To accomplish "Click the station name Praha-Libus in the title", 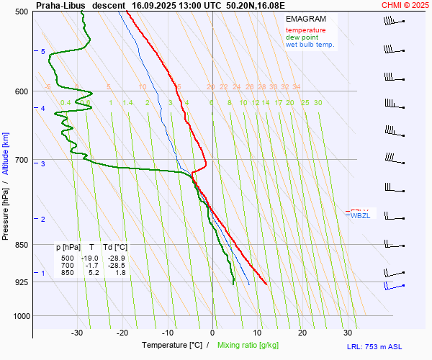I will click(x=61, y=5).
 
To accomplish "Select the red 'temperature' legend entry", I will click(x=305, y=30).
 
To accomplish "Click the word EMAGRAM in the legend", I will click(x=305, y=19).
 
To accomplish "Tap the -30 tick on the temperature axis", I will click(x=77, y=333).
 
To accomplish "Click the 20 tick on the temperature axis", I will click(x=302, y=333).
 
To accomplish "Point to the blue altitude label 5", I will click(x=43, y=52).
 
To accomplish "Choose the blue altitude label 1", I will click(x=43, y=274).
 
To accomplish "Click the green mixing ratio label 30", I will click(x=318, y=103).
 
